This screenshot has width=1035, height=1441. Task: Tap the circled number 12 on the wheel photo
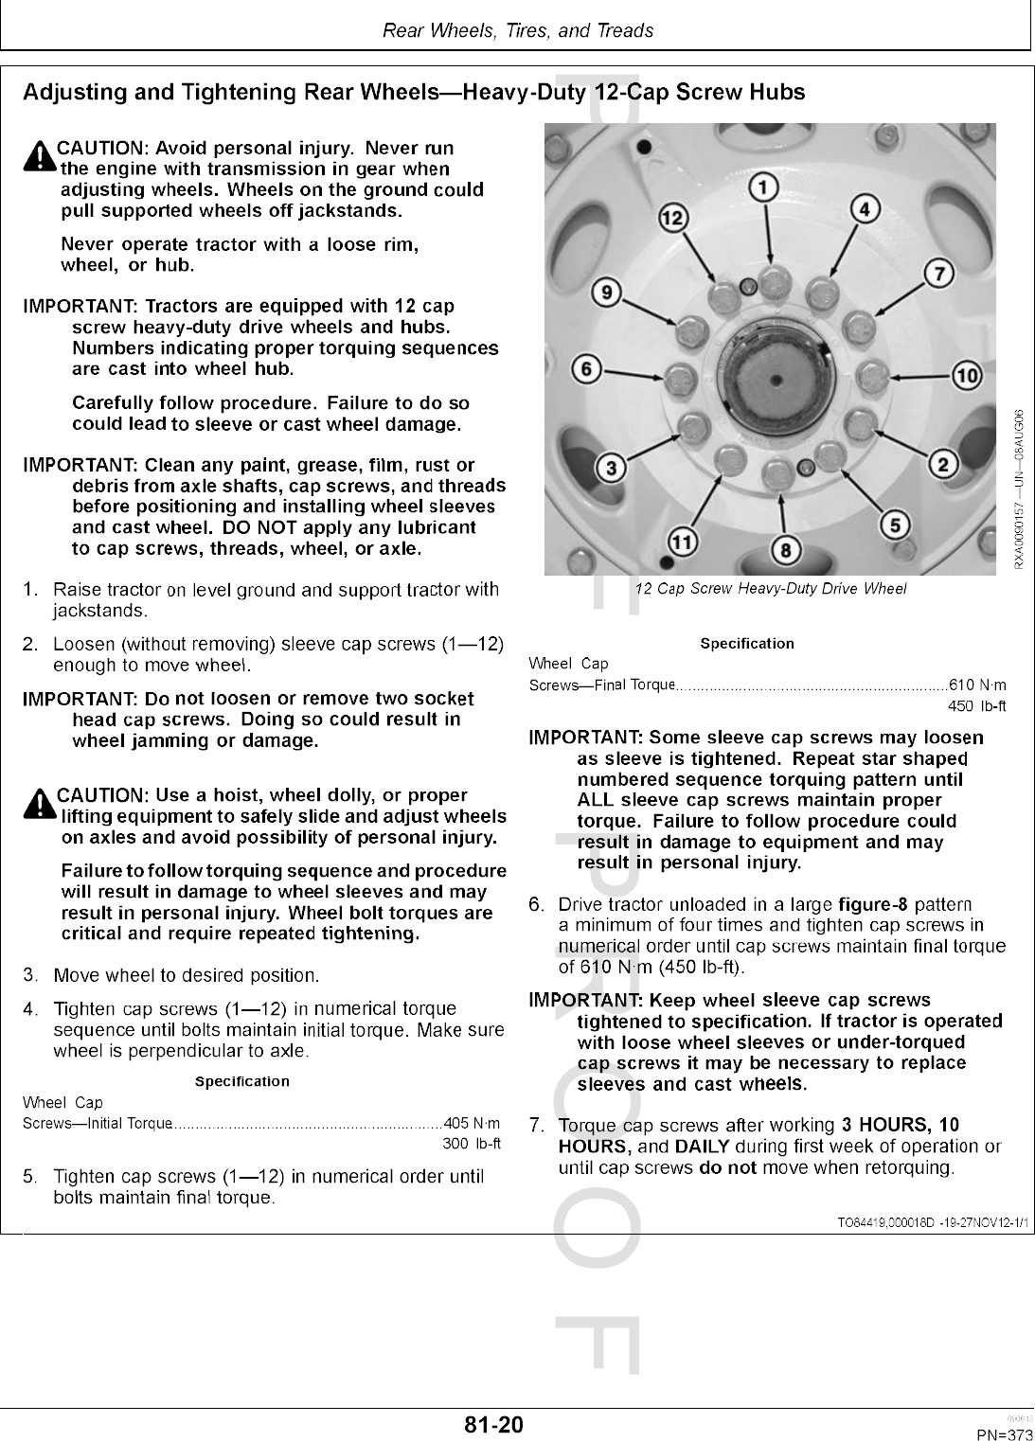672,219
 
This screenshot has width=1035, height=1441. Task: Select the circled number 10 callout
966,376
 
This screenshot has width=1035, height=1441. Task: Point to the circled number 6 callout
587,368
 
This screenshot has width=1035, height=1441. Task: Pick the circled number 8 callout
785,549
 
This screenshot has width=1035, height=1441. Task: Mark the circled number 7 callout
937,275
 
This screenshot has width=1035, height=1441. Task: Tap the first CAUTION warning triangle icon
39,157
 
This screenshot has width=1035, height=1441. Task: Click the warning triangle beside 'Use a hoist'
39,804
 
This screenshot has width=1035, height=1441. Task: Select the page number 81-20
493,1424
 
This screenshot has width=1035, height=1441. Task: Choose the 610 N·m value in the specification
977,685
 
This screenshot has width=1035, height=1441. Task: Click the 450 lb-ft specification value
976,706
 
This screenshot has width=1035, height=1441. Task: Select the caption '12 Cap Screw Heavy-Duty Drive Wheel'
770,589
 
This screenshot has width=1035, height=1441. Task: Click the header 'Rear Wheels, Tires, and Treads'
517,30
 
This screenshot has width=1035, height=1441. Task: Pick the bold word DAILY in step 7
702,1147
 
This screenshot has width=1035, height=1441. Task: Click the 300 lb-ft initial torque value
471,1144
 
